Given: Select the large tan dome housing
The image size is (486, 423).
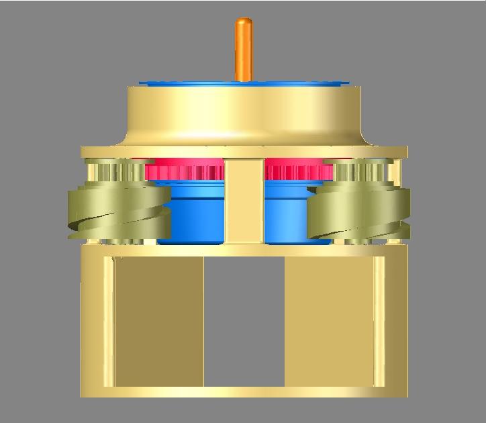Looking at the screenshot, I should click(x=243, y=114).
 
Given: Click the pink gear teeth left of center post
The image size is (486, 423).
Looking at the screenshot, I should click(x=185, y=172).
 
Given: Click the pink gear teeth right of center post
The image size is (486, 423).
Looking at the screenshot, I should click(x=298, y=172).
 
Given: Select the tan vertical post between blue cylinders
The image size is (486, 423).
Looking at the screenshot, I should click(x=244, y=201).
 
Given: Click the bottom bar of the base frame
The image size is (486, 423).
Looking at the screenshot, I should click(x=244, y=392).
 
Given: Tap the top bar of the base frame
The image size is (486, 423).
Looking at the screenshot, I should click(x=244, y=251).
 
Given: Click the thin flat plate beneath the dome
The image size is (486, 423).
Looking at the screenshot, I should click(x=244, y=152).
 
